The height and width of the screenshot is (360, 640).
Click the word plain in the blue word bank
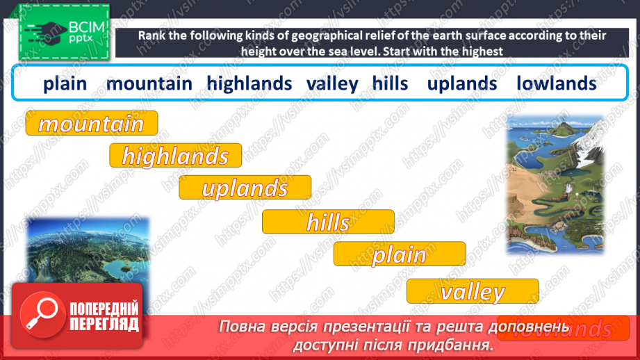tap(65, 83)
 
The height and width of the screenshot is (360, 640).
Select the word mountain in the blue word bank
tap(149, 83)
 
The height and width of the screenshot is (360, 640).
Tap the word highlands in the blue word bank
tap(249, 83)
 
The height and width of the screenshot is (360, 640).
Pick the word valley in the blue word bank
tap(332, 84)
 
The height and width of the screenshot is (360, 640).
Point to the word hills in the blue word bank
tap(390, 83)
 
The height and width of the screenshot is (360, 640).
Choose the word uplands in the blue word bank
tap(462, 83)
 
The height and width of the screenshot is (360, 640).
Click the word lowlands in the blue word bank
tap(557, 83)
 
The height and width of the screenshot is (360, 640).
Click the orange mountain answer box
tap(92, 123)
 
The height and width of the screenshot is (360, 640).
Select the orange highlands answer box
tap(175, 156)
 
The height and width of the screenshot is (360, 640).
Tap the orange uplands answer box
tap(245, 188)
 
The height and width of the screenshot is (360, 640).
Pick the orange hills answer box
tap(328, 222)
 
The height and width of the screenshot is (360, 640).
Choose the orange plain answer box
tap(400, 254)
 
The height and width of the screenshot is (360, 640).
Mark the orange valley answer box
tap(473, 291)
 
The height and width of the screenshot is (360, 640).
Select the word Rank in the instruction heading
tap(151, 35)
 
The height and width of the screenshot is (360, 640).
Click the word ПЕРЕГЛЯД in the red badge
tap(105, 324)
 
